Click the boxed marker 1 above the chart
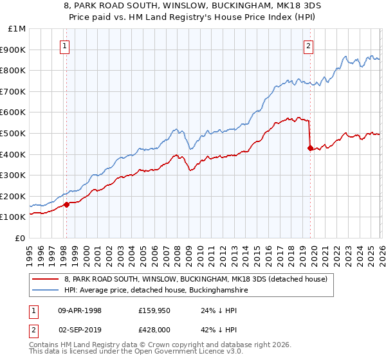(x=66, y=46)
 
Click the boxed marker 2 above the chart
(x=309, y=46)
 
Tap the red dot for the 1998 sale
(x=66, y=205)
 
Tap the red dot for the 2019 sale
(x=310, y=148)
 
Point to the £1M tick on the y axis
(x=17, y=29)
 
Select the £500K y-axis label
(x=14, y=133)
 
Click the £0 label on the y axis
(x=21, y=238)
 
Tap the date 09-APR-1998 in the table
(x=80, y=310)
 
